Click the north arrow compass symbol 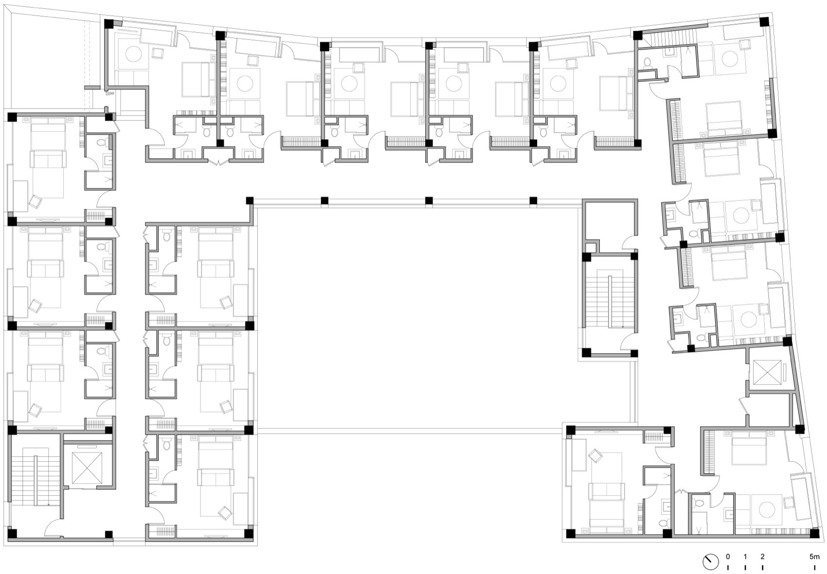point(710,561)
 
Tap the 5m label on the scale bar point(815,556)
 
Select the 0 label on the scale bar point(728,556)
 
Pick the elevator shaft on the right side point(766,374)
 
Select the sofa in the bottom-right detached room point(606,491)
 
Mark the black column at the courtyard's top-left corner point(250,200)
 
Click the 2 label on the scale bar point(762,556)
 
